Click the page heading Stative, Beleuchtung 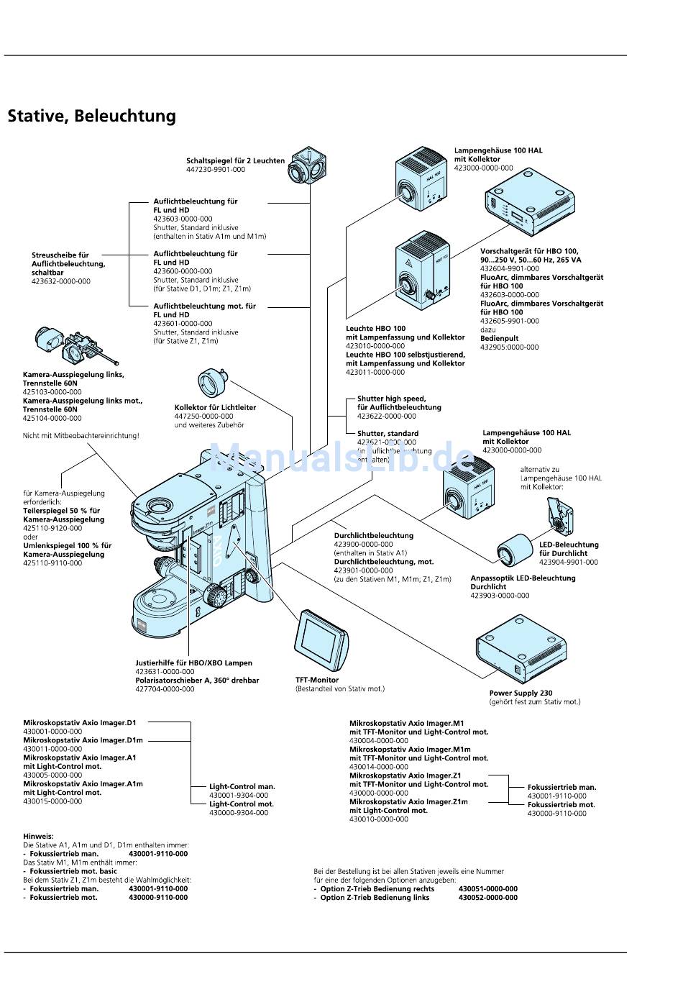click(x=91, y=116)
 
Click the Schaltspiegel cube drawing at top click(x=306, y=168)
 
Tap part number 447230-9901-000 click(x=216, y=170)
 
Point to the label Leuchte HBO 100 click(x=375, y=329)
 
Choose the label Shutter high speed click(x=391, y=399)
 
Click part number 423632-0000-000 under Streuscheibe click(x=61, y=281)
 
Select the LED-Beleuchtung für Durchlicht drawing click(x=556, y=517)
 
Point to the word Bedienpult click(x=499, y=338)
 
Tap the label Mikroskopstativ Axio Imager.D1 click(x=79, y=722)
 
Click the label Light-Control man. click(x=242, y=786)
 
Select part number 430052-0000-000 click(x=487, y=897)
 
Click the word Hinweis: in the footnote click(x=38, y=836)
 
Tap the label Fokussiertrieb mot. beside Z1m click(x=561, y=804)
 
